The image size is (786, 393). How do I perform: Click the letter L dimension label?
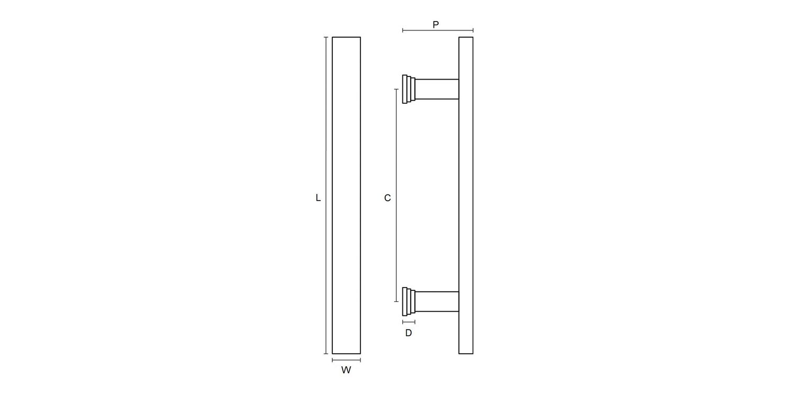point(318,198)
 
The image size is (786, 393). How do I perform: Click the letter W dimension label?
point(346,370)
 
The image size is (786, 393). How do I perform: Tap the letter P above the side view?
point(435,25)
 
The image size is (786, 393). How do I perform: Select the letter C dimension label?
point(387,198)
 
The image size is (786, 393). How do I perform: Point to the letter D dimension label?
point(408,333)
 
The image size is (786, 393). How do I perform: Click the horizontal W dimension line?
point(346,360)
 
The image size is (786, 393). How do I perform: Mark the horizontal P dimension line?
point(438,30)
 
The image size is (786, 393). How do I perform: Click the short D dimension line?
point(409,322)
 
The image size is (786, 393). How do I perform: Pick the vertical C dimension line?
point(397,195)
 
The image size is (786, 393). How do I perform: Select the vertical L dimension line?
point(326,195)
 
